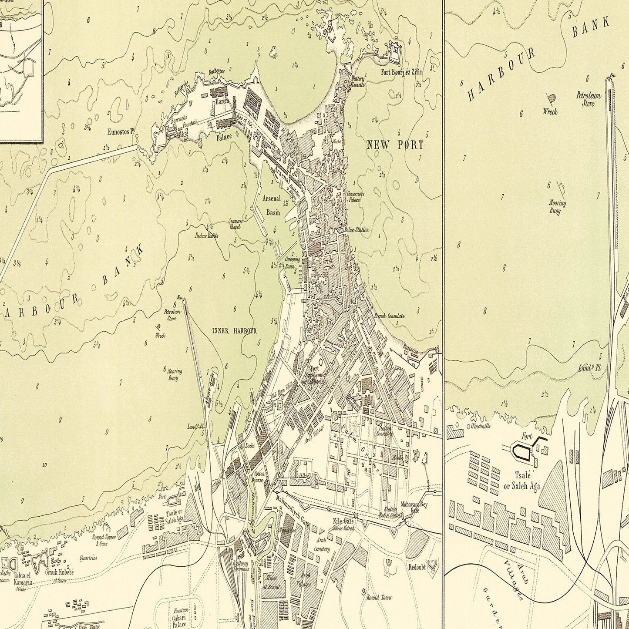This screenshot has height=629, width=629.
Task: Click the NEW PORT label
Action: point(395,145)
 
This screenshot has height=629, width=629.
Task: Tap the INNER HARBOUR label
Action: point(234,331)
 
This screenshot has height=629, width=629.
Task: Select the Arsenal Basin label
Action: point(271,205)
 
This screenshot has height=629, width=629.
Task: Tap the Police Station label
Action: point(357,229)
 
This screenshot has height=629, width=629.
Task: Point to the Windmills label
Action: point(479,426)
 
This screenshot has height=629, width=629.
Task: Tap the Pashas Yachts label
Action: point(207,235)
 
